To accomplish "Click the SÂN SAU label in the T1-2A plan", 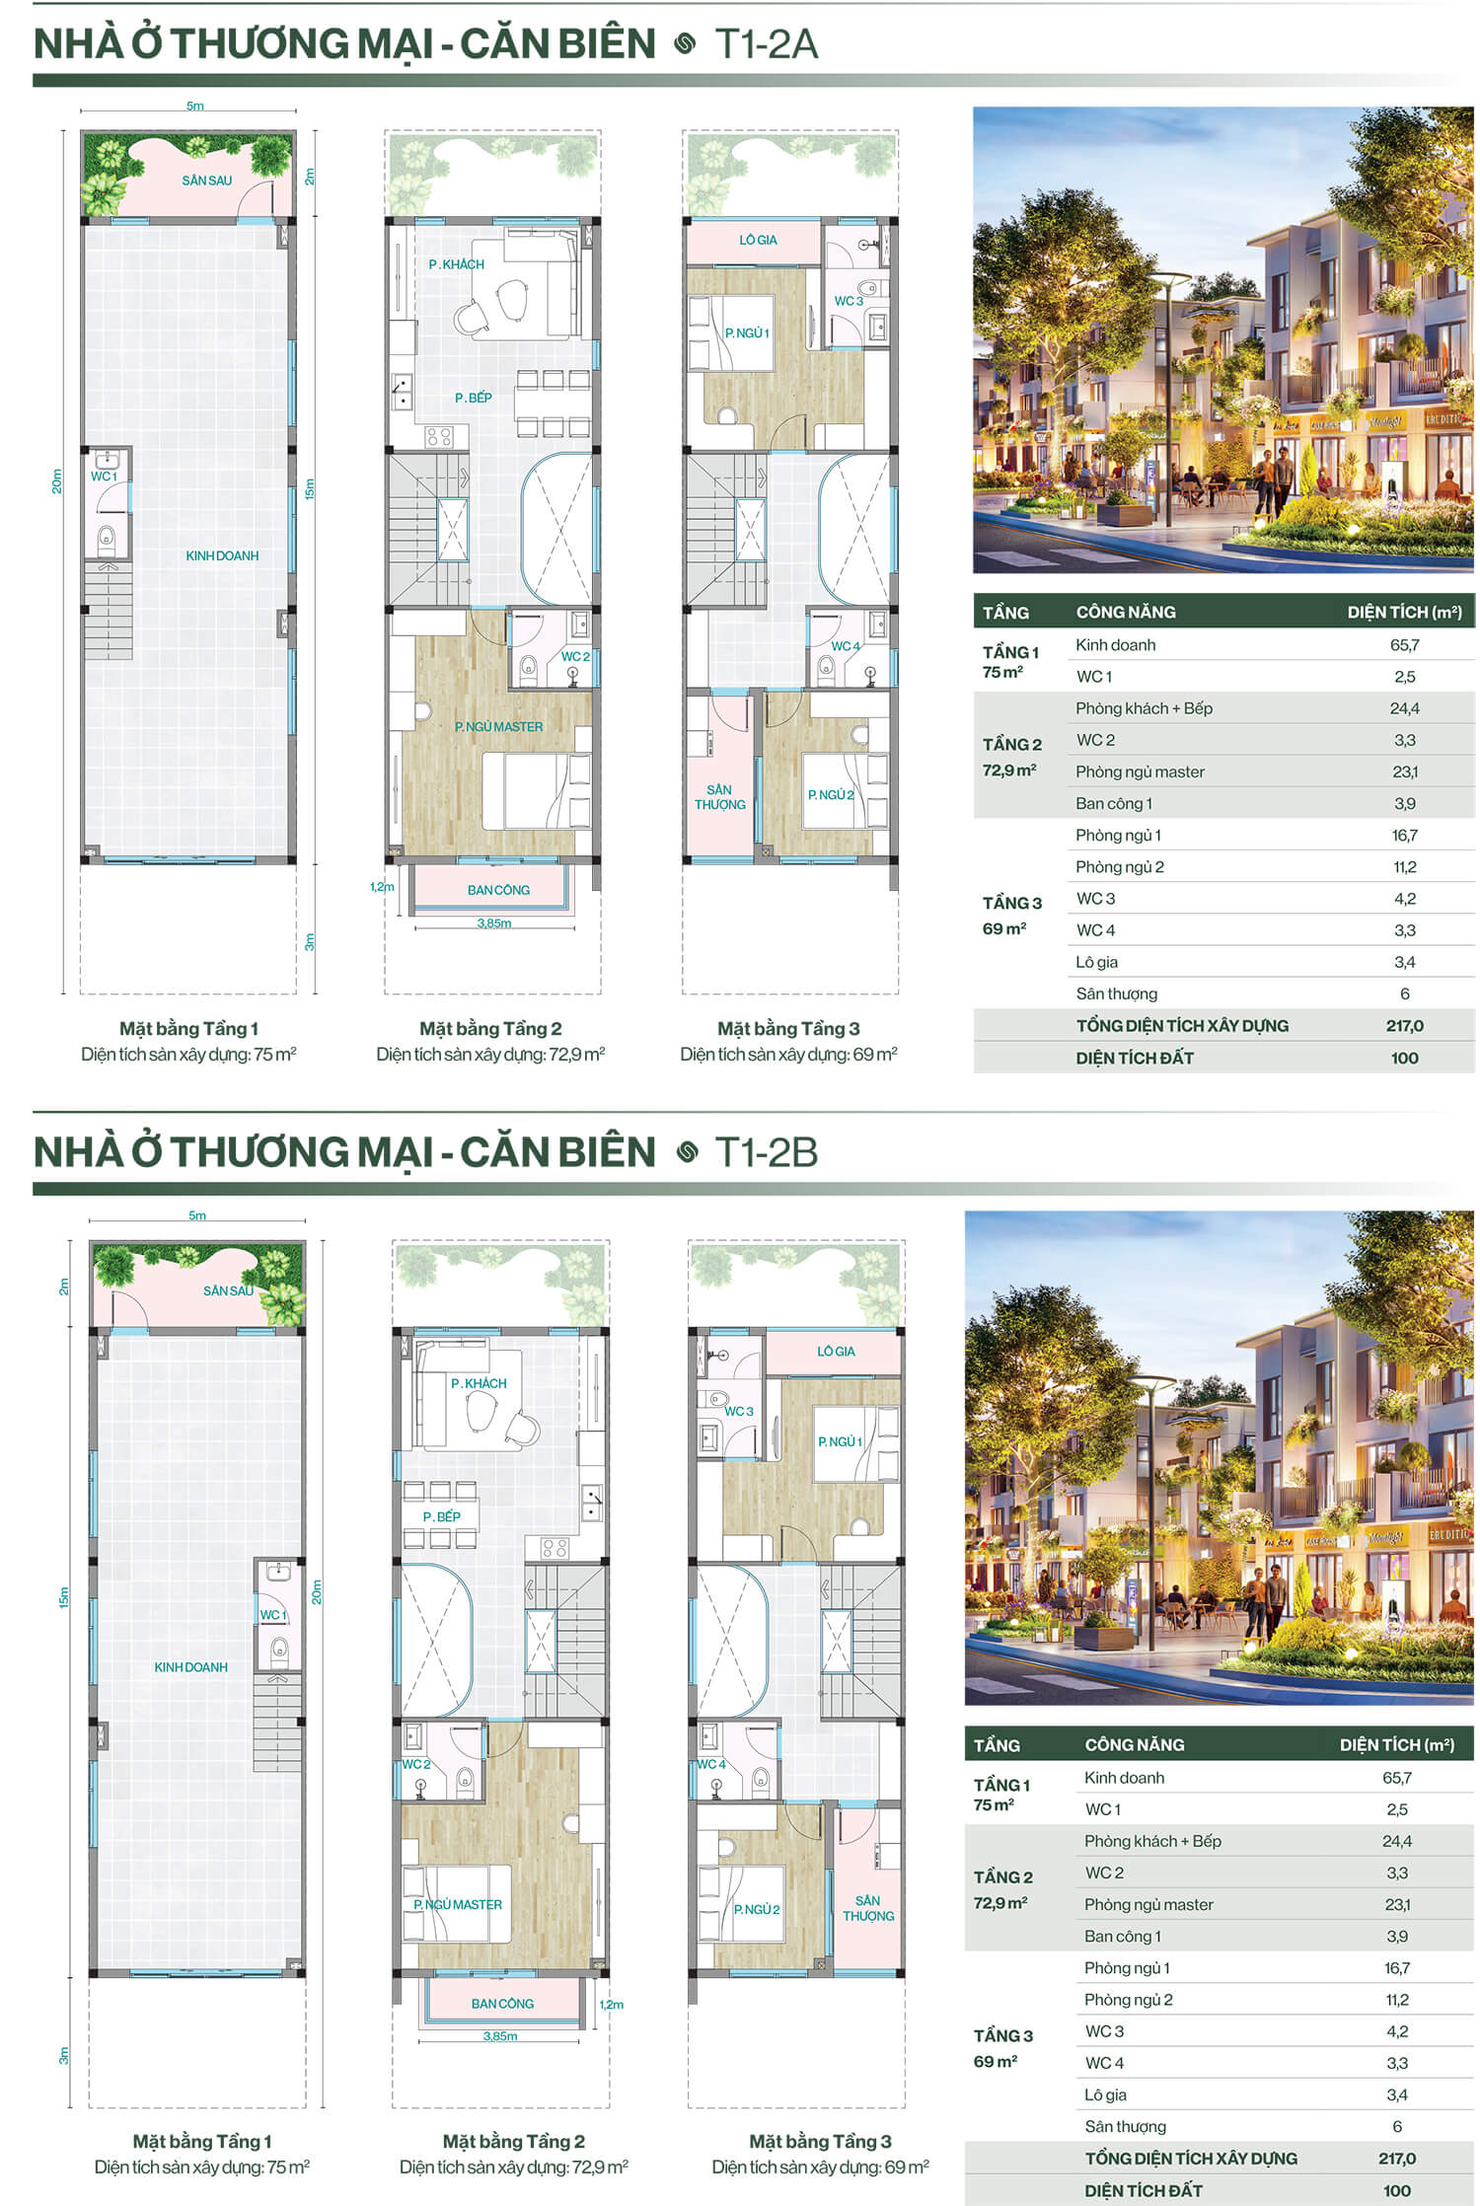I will coord(206,181).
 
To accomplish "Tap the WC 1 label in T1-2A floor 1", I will coord(104,477).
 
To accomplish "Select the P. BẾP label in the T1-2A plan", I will coord(473,398).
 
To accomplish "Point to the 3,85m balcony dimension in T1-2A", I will coord(494,923).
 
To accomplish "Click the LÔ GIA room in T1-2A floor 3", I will coord(758,240).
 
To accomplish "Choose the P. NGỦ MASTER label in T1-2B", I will coord(458,1904).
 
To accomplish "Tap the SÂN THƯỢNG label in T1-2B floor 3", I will coord(868,1907).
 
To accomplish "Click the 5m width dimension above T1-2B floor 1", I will coord(197,1215).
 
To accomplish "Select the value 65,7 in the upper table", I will coord(1404,645).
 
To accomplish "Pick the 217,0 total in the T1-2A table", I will coord(1404,1026).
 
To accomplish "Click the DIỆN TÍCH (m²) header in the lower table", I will coord(1396,1744).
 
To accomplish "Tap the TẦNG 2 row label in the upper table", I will coord(1011,745).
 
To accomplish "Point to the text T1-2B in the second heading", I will coord(767,1152).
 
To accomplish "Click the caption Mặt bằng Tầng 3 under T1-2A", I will coord(788,1029).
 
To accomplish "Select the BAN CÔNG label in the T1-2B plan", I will coord(502,2004).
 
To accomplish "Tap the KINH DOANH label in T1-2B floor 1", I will coord(190,1667).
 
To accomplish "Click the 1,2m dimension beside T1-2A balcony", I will coord(382,887).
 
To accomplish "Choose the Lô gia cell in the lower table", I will coord(1105,2095).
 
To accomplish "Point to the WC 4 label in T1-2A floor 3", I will coord(846,646).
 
